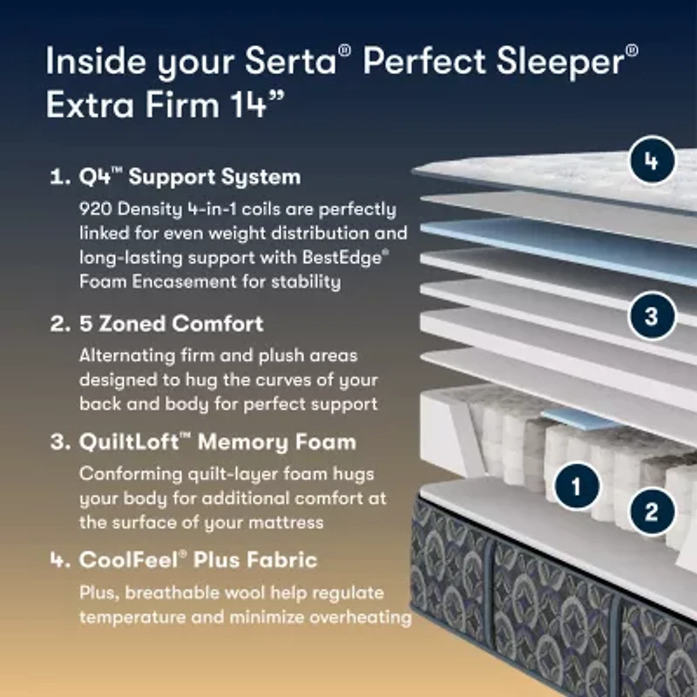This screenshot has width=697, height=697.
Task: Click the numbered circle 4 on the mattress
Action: point(651,161)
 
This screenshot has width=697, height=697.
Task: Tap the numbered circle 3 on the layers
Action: point(651,315)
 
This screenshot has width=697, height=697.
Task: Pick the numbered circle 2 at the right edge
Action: point(651,511)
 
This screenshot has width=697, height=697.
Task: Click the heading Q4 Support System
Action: point(189,177)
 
